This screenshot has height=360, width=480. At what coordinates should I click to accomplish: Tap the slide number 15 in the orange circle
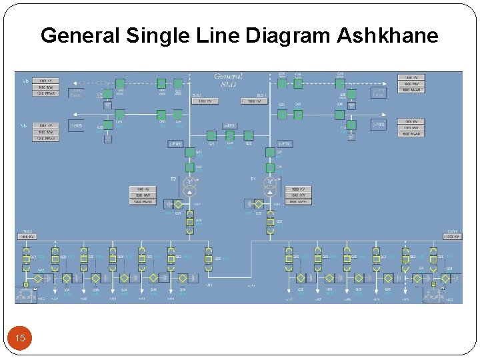click(x=21, y=339)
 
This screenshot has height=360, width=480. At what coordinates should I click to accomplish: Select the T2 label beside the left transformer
click(x=172, y=179)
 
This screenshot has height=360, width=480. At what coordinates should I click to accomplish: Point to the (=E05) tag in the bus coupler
click(x=230, y=126)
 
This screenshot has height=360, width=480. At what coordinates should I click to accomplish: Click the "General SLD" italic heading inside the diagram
click(x=229, y=80)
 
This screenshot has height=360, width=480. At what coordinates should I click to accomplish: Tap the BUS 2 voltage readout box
click(x=204, y=101)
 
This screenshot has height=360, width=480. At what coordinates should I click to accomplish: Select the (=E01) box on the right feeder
click(x=379, y=125)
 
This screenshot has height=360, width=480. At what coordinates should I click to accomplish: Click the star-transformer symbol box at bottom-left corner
click(x=27, y=294)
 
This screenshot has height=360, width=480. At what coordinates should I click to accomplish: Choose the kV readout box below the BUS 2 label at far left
click(x=28, y=237)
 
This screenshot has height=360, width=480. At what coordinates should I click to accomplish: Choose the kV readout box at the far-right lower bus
click(x=451, y=237)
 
